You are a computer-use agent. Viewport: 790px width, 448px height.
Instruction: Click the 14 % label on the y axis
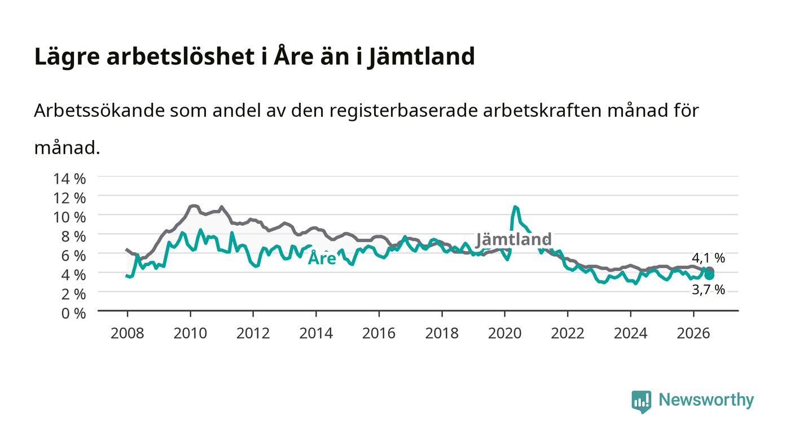(x=69, y=179)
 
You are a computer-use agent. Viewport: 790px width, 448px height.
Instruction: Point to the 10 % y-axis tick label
(x=69, y=217)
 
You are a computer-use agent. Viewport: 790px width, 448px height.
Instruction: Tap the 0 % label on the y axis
(x=73, y=313)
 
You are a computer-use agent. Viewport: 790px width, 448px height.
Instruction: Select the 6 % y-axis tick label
(x=73, y=256)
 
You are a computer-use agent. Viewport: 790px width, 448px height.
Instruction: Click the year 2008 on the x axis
(x=128, y=333)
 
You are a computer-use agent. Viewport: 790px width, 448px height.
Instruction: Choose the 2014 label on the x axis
(x=316, y=333)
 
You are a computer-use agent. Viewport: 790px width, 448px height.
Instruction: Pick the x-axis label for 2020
(x=504, y=333)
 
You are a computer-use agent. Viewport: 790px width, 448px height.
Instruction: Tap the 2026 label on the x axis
(x=694, y=333)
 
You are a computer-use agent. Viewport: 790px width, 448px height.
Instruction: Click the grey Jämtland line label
(x=513, y=239)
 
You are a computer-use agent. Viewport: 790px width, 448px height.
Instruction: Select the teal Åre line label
(x=322, y=258)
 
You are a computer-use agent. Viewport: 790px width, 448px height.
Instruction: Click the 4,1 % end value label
(x=708, y=258)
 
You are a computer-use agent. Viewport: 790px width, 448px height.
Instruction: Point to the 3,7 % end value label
(x=708, y=289)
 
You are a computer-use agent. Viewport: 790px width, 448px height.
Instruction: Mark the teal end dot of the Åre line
(x=709, y=275)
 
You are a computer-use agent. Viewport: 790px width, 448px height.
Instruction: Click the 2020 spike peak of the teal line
(x=515, y=207)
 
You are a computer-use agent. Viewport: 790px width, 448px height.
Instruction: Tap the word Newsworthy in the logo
(x=706, y=400)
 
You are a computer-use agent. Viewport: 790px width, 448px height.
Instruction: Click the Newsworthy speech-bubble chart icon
(x=641, y=402)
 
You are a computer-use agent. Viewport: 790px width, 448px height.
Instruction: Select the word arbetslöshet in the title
(x=181, y=56)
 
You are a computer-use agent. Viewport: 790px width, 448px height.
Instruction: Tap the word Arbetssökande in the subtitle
(x=99, y=111)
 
